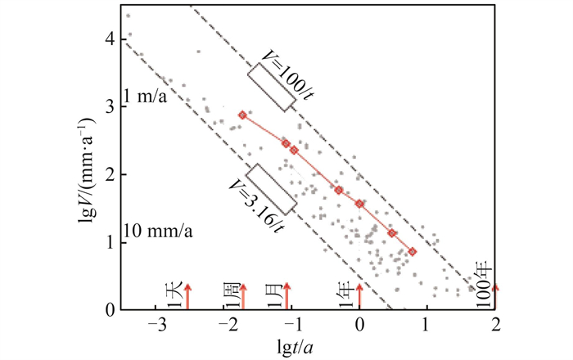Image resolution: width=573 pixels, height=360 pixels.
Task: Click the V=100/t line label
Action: coord(286,72)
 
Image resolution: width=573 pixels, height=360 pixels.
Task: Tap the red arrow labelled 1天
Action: coord(187,295)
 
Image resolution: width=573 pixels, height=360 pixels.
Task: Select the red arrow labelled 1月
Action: coord(287,295)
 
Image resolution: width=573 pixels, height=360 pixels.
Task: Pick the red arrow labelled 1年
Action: coord(359,295)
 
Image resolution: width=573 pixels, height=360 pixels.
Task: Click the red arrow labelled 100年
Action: coord(495,295)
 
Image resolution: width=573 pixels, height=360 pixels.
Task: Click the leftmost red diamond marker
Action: coord(242,115)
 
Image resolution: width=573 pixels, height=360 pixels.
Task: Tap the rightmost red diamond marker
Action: coord(413,252)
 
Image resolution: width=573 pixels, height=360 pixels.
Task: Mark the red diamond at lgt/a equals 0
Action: coord(359,204)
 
